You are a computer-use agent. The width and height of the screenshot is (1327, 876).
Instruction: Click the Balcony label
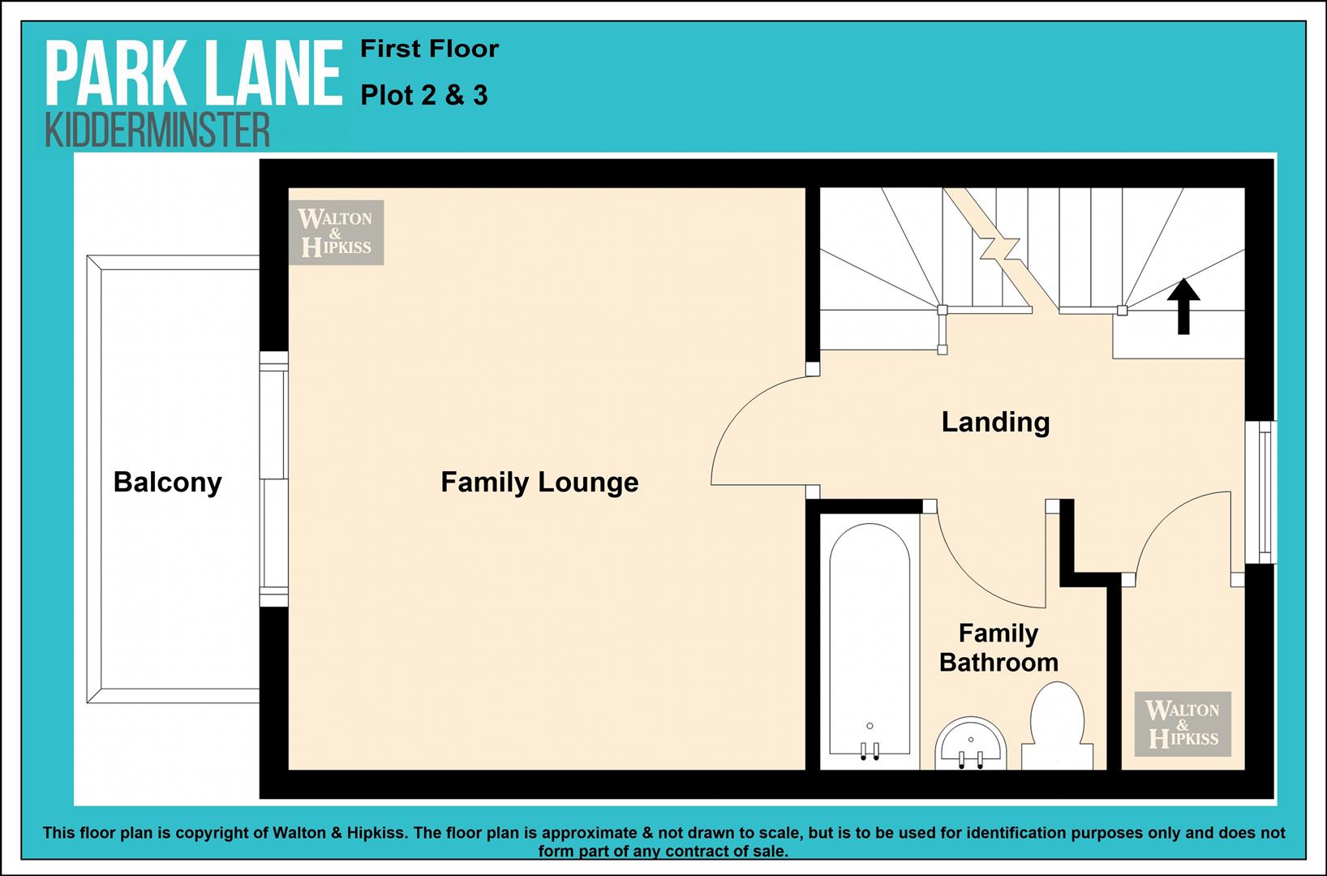point(168,482)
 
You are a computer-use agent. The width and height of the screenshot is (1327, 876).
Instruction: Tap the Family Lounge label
point(539,482)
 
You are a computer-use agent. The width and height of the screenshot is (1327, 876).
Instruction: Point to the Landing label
point(996,423)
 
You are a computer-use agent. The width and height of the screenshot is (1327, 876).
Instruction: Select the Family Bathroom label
point(998,648)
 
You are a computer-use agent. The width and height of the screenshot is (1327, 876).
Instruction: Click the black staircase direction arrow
point(1183,307)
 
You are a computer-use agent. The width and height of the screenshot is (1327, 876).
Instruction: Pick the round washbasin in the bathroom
point(971,744)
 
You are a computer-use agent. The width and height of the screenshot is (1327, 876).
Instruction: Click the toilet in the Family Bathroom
point(1058,726)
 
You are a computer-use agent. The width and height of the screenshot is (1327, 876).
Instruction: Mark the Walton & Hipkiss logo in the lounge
point(337,232)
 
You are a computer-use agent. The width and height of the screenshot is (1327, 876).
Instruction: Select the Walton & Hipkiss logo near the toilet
point(1183,724)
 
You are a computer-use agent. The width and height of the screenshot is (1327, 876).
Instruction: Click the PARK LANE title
point(194,74)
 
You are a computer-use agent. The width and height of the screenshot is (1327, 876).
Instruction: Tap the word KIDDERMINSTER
point(157,130)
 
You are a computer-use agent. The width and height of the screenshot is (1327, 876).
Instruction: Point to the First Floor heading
point(430,49)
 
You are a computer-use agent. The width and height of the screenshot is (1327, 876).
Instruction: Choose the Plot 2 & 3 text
point(424,96)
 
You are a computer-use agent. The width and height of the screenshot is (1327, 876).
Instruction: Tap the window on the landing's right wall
point(1260,492)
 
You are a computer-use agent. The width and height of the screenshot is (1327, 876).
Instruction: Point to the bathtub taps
point(870,750)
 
